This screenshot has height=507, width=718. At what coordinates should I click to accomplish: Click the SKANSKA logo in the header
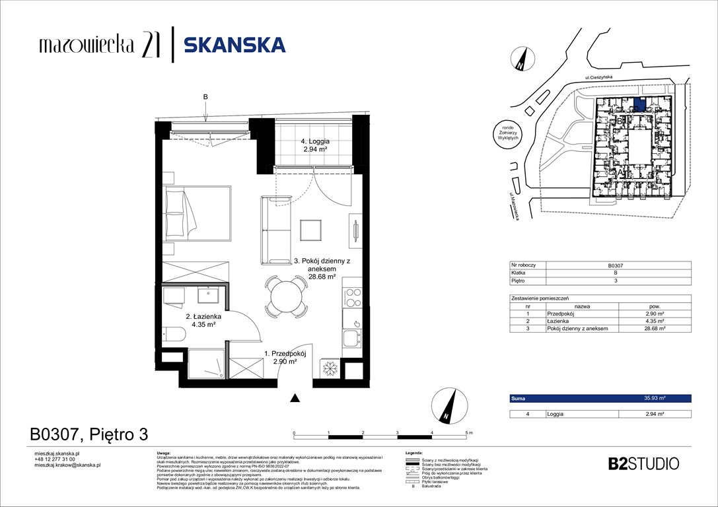234,45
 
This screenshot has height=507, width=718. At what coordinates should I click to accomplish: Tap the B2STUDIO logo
643,463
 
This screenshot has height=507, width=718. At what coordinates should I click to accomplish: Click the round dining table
286,294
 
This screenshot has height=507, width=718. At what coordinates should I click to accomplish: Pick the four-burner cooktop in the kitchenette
351,295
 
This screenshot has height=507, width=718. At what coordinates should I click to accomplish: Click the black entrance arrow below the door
295,397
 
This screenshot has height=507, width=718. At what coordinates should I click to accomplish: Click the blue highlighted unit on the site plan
639,104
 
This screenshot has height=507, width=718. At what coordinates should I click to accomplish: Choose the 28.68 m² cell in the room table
654,328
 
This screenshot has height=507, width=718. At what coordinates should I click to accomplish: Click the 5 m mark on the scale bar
468,432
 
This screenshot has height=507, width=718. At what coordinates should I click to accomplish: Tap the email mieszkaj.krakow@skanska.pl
67,465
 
